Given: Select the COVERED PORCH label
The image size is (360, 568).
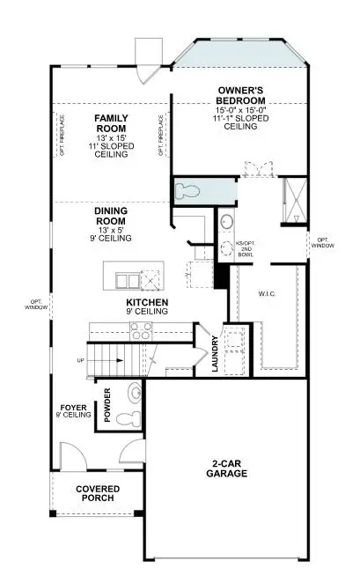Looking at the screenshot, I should pos(97,494).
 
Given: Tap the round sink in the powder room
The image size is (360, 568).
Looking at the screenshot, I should pos(136,392).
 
